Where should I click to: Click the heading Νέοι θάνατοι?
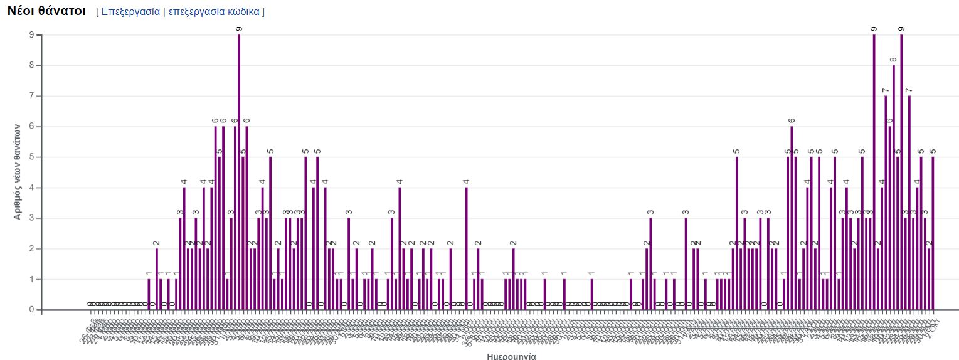[46, 11]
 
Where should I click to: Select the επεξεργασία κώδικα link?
[215, 12]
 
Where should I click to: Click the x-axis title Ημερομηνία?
[511, 356]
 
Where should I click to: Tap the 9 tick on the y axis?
[31, 35]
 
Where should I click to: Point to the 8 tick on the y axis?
[31, 66]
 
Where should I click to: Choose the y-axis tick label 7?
[31, 96]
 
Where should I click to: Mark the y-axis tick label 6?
[31, 127]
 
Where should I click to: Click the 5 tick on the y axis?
[31, 157]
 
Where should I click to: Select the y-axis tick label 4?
[31, 188]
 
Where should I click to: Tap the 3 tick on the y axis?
[31, 218]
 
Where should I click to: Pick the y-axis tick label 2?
[31, 249]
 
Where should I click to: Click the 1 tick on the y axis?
[31, 279]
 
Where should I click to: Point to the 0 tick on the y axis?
[31, 310]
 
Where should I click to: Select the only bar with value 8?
[894, 188]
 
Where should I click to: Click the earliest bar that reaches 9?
[239, 172]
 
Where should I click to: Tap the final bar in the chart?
[933, 233]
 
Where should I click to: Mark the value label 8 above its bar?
[894, 60]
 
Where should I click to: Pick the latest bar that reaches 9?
[901, 172]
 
